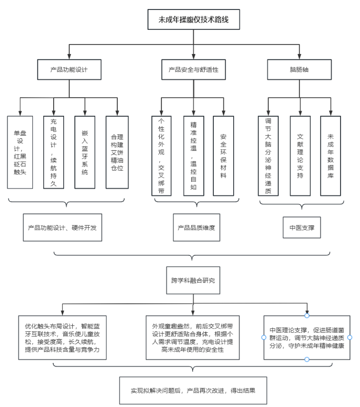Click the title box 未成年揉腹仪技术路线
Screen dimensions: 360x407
(193, 20)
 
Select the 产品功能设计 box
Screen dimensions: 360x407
(69, 70)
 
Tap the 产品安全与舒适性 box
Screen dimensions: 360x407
(193, 70)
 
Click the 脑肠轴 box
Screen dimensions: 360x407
(299, 70)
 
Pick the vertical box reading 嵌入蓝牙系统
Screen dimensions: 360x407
(85, 152)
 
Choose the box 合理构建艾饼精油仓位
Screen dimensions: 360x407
(117, 152)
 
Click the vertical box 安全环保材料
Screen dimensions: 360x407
(223, 156)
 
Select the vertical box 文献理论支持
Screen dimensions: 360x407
(300, 156)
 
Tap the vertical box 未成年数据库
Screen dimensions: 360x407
(330, 156)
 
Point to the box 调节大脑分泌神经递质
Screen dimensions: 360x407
(268, 156)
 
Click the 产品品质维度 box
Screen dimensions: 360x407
(197, 228)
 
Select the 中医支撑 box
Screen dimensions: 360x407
(302, 228)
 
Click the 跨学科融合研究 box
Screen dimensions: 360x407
(193, 280)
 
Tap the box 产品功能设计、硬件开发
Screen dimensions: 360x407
(62, 228)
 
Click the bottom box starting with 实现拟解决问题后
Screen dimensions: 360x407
(193, 390)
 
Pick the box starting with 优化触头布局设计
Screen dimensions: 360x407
(62, 338)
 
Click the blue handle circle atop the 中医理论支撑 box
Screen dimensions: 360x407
(307, 316)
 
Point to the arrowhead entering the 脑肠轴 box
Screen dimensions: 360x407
(299, 56)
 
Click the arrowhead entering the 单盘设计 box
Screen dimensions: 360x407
(20, 113)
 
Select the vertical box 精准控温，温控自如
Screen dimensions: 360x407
(193, 156)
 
